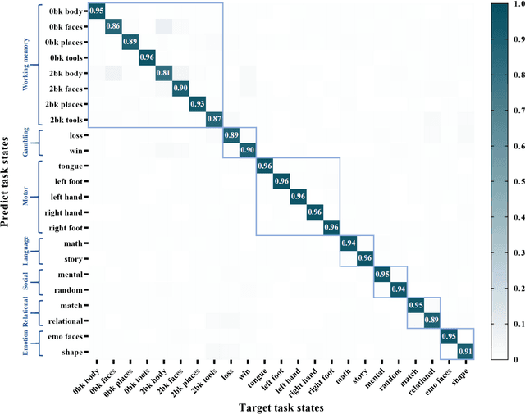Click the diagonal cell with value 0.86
(113, 27)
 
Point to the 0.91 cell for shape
(465, 352)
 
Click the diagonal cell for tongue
(264, 166)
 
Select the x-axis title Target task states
(281, 407)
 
